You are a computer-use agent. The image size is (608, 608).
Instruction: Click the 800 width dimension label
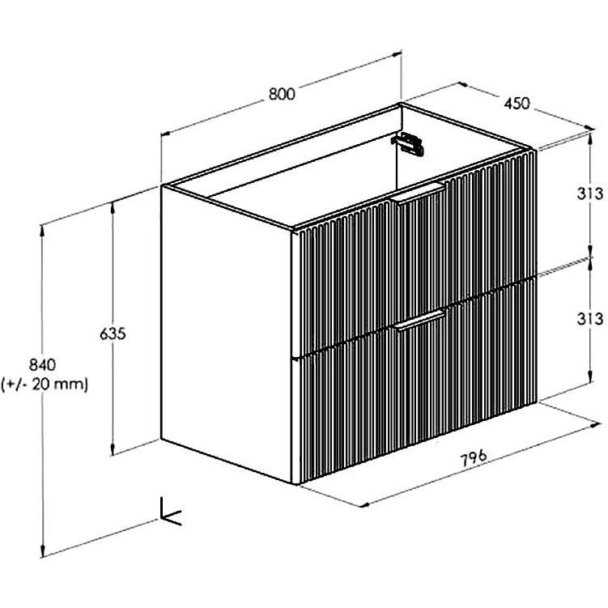click(x=282, y=94)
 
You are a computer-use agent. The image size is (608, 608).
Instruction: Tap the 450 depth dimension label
click(x=517, y=103)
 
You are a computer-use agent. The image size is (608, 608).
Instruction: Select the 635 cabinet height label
click(x=113, y=334)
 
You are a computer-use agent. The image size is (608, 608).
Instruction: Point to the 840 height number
click(x=43, y=364)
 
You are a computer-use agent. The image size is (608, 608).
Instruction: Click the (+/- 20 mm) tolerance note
click(x=45, y=385)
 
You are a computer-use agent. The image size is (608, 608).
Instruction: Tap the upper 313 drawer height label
click(x=589, y=193)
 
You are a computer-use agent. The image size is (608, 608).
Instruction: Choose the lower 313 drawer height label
click(x=589, y=319)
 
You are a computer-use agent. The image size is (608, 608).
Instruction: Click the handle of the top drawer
click(x=419, y=193)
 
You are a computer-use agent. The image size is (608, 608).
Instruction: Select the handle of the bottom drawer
click(x=419, y=321)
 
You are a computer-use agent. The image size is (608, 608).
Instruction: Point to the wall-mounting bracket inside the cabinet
click(x=408, y=143)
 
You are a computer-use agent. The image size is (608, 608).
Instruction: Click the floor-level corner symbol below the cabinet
click(x=169, y=512)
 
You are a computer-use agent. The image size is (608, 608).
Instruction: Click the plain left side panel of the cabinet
click(x=227, y=334)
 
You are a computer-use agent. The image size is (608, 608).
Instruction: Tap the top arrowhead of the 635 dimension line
click(x=113, y=207)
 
